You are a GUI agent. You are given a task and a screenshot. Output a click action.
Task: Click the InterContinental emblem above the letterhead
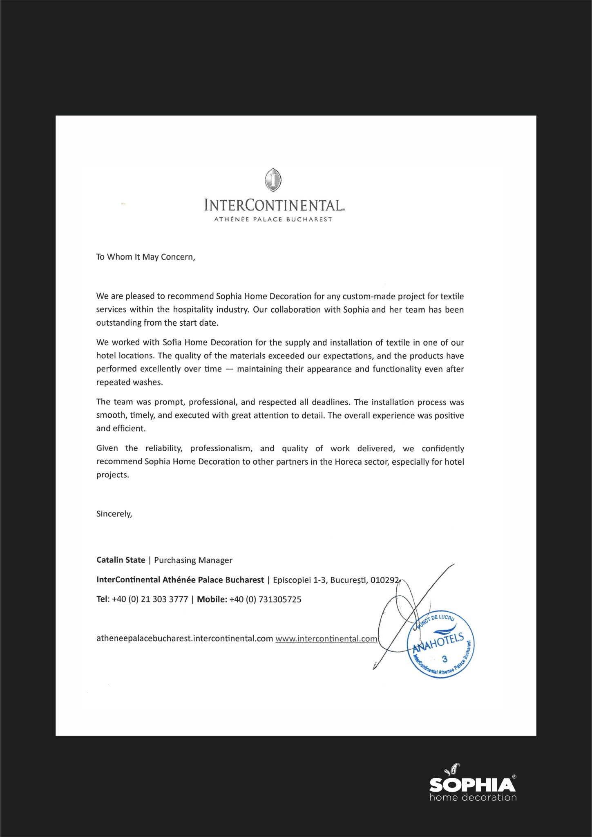(273, 180)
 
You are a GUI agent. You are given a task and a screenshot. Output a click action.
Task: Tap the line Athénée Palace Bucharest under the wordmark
(273, 219)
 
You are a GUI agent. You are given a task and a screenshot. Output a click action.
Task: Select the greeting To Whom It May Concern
(145, 257)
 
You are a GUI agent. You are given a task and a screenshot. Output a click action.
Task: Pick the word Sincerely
(114, 514)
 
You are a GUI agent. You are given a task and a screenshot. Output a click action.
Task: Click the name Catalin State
(121, 560)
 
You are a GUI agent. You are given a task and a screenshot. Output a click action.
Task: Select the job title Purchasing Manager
(193, 560)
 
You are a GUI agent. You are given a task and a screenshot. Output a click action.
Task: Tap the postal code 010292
(384, 580)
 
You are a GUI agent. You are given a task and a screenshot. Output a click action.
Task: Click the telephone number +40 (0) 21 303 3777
(150, 600)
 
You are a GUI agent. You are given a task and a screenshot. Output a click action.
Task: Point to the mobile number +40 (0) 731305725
(265, 600)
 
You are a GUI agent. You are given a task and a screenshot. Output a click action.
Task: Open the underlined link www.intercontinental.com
(326, 639)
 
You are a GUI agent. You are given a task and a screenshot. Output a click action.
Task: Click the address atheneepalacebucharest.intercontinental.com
(184, 639)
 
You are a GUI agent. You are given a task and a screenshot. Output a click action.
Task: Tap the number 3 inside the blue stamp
(445, 659)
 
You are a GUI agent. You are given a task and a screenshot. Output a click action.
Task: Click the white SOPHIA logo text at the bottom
(472, 784)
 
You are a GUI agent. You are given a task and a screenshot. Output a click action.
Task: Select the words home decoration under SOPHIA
(473, 797)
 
